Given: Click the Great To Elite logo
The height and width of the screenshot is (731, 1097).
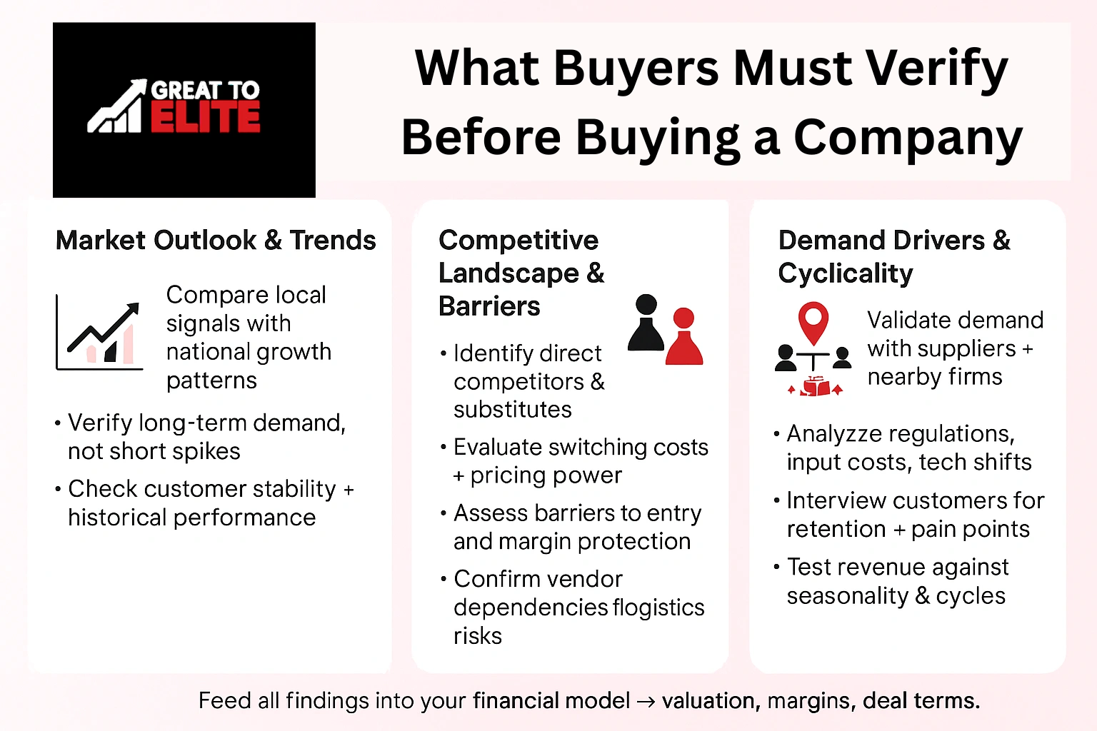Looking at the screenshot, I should click(x=184, y=109).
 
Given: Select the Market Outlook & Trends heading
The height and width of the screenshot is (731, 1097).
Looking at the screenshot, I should click(x=216, y=241).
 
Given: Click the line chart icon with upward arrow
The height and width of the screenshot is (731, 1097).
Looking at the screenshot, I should click(x=100, y=333).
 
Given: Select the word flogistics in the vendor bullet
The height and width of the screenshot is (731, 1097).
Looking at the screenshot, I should click(x=658, y=608).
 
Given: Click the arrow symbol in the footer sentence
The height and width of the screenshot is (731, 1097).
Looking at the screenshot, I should click(x=646, y=702).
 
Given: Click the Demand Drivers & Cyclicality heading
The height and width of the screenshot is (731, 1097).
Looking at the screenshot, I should click(x=893, y=256).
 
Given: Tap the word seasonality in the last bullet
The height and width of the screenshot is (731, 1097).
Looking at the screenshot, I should click(x=848, y=595).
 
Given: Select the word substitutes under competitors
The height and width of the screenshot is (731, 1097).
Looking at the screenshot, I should click(x=512, y=410).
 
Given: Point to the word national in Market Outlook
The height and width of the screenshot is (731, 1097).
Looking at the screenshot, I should click(x=201, y=352).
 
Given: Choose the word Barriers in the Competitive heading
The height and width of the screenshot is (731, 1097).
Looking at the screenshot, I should click(x=489, y=306).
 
